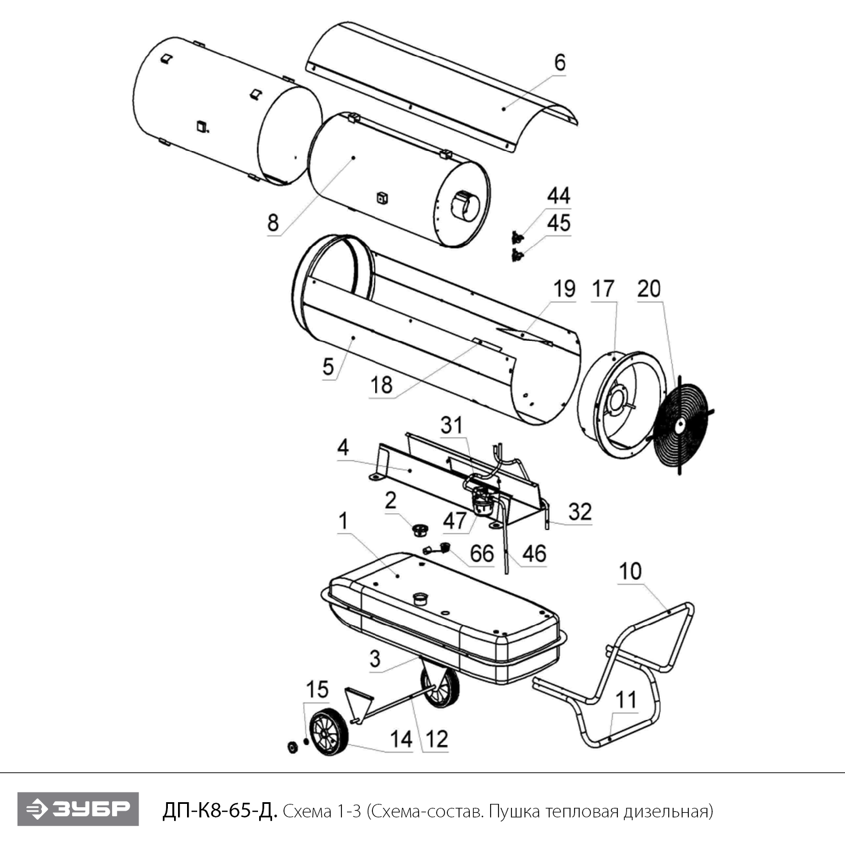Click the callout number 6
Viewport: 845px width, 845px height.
pos(559,63)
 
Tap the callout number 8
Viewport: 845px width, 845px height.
pos(273,223)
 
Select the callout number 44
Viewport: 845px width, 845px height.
pos(559,195)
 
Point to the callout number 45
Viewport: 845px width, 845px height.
pos(559,223)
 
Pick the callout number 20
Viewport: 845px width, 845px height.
pos(649,289)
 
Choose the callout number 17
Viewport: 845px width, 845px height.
pos(603,289)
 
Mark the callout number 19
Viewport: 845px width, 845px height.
pos(564,289)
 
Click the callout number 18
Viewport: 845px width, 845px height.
pos(381,385)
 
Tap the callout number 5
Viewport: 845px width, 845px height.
pos(328,367)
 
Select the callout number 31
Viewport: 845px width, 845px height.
pos(451,425)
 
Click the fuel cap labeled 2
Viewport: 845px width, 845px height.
pos(419,530)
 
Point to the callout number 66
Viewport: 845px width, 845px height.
pos(482,554)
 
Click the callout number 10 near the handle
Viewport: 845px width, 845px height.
pos(630,571)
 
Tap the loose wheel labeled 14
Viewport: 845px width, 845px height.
pos(330,732)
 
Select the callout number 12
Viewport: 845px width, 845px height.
pos(437,739)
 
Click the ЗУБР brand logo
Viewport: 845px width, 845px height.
pos(78,810)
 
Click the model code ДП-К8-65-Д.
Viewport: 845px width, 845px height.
pos(220,811)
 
